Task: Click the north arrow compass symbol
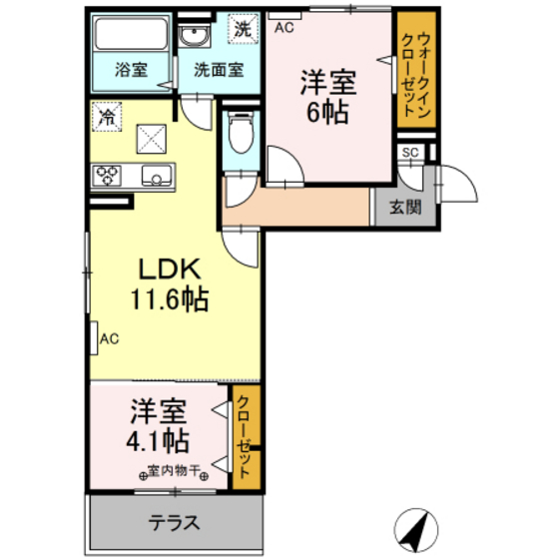click(x=416, y=530)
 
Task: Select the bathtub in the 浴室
click(x=132, y=33)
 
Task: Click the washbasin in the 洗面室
click(x=194, y=36)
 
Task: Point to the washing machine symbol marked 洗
click(x=244, y=29)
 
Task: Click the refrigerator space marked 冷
click(x=107, y=116)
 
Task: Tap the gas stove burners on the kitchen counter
click(x=107, y=176)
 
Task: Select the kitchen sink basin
click(x=157, y=176)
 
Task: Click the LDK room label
click(x=170, y=269)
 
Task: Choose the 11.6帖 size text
click(x=170, y=299)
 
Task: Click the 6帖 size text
click(x=327, y=112)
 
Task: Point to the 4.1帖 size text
click(x=158, y=441)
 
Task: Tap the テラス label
click(x=174, y=523)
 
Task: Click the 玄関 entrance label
click(x=405, y=207)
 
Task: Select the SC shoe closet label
click(x=410, y=153)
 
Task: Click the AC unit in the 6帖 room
click(x=284, y=16)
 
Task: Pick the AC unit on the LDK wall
click(x=94, y=338)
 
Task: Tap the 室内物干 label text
click(x=174, y=471)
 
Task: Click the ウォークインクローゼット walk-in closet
click(x=416, y=70)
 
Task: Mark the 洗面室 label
click(x=219, y=70)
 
